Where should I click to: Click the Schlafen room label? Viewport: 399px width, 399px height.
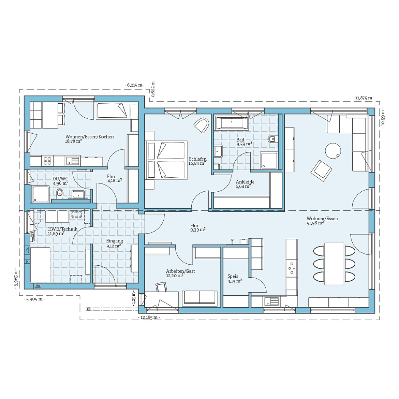coord(197,159)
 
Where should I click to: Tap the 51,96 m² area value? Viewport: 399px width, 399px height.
coord(315,223)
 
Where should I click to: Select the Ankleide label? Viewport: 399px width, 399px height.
coord(245,182)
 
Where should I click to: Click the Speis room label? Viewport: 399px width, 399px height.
coord(233,276)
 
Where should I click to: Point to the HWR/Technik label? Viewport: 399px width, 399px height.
coord(62,229)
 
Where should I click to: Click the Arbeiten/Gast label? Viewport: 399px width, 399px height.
coord(180,271)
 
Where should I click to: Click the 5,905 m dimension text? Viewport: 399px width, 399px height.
coord(34,299)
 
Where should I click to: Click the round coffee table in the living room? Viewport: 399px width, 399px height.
coord(333,150)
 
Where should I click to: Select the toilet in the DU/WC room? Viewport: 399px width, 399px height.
coord(60,195)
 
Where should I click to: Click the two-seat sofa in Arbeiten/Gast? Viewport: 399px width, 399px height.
coord(199,297)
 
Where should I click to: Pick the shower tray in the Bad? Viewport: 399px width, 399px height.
coord(269,160)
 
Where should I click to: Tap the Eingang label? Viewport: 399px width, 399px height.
coord(115,241)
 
